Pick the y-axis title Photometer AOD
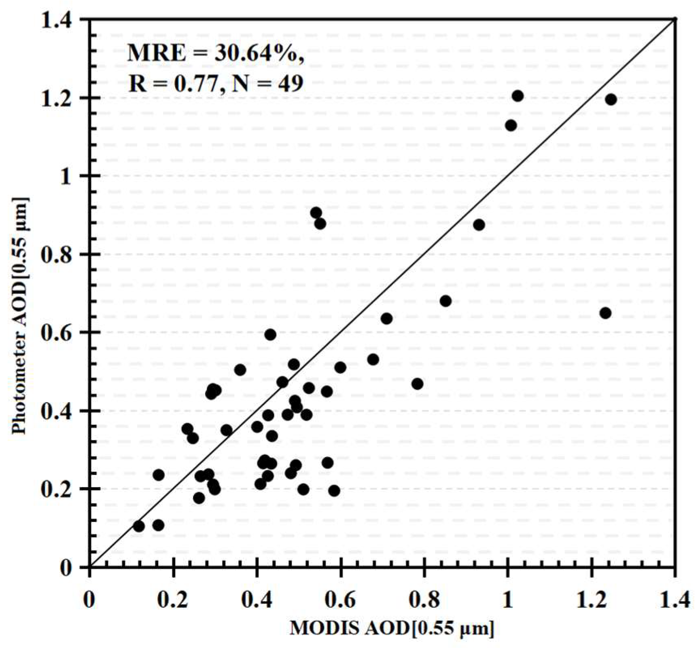tap(19, 316)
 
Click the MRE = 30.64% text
tap(215, 53)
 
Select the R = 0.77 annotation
tap(173, 83)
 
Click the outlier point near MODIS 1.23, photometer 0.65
tap(605, 313)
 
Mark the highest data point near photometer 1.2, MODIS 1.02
tap(518, 96)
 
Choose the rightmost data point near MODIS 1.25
tap(611, 99)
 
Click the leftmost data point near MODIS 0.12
tap(139, 526)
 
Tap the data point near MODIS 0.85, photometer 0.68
tap(445, 301)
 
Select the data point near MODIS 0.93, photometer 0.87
tap(479, 225)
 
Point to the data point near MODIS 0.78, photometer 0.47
tap(417, 384)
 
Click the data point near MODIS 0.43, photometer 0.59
tap(270, 335)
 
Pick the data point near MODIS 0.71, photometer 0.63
tap(386, 318)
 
